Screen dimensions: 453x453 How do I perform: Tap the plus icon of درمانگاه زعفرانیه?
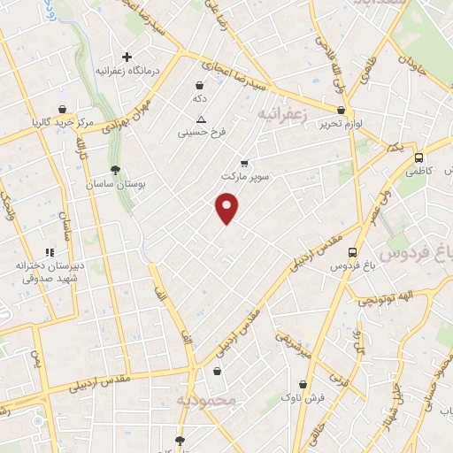pos(127,57)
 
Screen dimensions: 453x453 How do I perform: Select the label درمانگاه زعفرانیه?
pos(127,70)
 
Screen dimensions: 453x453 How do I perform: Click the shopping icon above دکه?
pos(200,85)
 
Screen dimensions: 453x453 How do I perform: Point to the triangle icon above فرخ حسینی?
pos(202,119)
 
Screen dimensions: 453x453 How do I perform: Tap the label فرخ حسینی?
pos(202,134)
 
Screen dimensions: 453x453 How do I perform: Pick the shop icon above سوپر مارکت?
pos(244,163)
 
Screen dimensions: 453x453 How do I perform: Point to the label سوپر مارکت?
pos(243,176)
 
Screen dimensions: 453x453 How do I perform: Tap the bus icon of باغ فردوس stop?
pos(353,251)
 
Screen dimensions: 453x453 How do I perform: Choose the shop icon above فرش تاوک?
pos(304,384)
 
